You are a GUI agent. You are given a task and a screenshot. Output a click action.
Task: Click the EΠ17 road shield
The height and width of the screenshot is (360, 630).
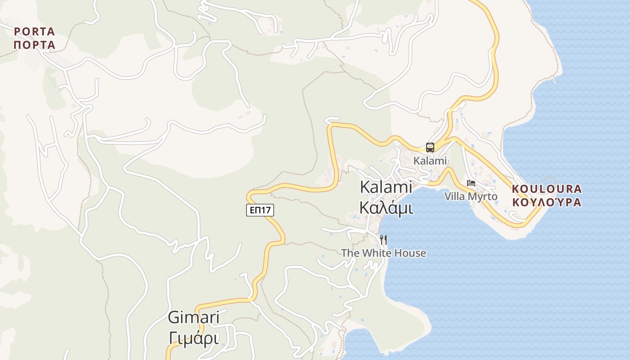260,210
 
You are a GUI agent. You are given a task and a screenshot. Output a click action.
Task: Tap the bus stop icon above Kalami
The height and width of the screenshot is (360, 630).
430,148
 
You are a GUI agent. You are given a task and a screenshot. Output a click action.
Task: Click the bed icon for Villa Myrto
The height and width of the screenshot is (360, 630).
471,183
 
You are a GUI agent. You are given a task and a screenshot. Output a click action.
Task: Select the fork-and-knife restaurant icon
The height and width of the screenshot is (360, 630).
383,239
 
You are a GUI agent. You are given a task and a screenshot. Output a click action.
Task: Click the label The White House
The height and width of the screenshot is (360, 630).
383,253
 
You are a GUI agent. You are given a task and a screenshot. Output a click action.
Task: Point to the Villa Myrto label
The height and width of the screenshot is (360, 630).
471,197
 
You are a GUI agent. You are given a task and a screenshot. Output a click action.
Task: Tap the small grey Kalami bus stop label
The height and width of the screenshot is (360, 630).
430,161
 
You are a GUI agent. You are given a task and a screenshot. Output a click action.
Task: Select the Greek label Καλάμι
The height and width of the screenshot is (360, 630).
386,207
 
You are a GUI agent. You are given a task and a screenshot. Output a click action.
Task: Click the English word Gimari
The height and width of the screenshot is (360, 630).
193,318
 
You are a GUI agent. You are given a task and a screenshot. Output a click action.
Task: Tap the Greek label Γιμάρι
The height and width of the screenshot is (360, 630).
193,337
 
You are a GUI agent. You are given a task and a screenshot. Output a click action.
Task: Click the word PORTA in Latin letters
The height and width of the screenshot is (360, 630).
34,32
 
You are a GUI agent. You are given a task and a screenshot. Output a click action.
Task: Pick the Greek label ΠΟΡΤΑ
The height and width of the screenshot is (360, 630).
34,45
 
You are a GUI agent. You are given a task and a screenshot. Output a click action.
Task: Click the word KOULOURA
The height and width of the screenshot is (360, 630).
547,189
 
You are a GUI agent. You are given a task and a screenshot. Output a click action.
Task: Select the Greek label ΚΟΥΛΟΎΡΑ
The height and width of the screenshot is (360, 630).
547,202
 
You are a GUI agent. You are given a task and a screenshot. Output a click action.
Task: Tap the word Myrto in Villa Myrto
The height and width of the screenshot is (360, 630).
483,197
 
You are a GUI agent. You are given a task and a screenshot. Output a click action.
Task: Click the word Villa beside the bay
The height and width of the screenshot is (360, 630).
455,197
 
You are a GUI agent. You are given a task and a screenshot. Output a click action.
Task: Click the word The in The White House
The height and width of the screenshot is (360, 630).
350,253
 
